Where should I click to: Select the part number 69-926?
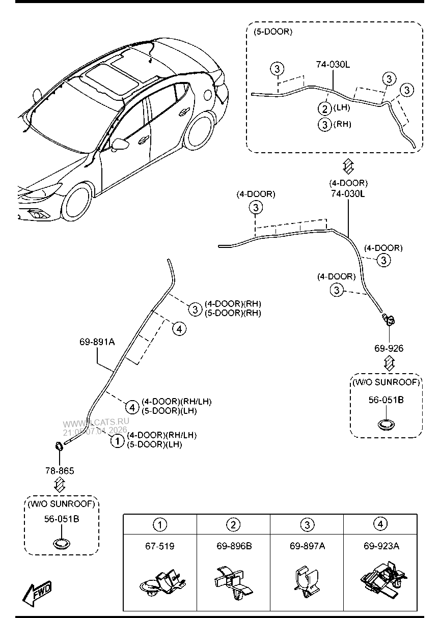[389, 349]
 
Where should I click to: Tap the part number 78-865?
[59, 471]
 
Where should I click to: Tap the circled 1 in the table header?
[160, 525]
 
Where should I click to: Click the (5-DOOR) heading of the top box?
[273, 32]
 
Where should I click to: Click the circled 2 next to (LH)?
[325, 108]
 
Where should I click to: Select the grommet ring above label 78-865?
[59, 447]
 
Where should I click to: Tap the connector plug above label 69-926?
[389, 320]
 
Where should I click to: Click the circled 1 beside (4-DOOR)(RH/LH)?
[117, 440]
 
